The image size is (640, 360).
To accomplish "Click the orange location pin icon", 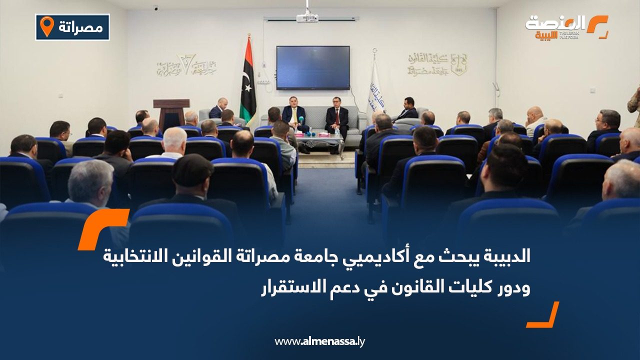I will coord(46,26).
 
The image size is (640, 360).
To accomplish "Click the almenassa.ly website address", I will coord(319,341).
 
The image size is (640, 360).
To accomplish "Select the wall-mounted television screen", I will coord(312,67).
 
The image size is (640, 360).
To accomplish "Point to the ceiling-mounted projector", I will coord(307,17).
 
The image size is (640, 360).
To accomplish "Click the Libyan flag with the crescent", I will coord(247,82).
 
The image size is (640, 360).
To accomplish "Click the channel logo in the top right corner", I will coord(566,27).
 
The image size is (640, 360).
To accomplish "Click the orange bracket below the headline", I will coord(544,315).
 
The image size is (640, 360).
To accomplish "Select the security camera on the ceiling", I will coord(156,8).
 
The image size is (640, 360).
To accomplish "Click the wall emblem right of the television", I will coord(436,64).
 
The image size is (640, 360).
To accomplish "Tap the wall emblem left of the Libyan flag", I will coord(186,65).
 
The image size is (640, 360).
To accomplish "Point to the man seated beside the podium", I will coord(218,108).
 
